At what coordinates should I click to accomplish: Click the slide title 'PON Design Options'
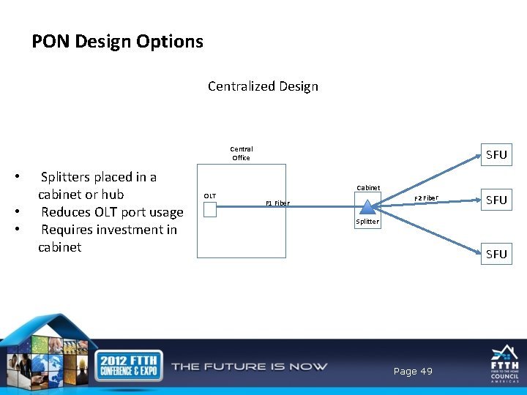(x=117, y=42)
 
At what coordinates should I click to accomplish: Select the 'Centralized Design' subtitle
(x=263, y=86)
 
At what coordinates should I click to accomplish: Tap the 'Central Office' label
(x=241, y=153)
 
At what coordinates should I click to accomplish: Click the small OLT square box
(x=210, y=210)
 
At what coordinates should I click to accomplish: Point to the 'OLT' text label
(x=209, y=196)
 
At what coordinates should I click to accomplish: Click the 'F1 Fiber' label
(x=277, y=203)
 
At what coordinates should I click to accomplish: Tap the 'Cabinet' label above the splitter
(x=367, y=188)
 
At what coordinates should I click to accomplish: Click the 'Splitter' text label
(x=367, y=222)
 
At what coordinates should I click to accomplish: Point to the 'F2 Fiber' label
(x=426, y=198)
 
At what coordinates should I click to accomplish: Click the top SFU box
(x=496, y=155)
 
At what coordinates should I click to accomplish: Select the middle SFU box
(x=496, y=200)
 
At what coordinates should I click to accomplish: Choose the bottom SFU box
(x=496, y=254)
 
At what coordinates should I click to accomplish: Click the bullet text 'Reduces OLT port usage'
(x=112, y=212)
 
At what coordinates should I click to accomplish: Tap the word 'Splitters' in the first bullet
(x=67, y=177)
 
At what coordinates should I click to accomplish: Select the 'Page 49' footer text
(x=413, y=372)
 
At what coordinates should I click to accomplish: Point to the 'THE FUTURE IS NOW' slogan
(x=250, y=366)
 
